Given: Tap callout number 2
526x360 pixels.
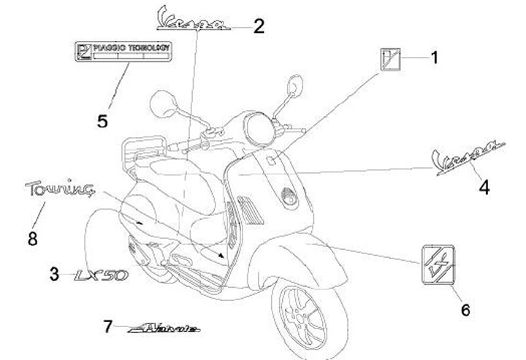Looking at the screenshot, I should [x=259, y=26].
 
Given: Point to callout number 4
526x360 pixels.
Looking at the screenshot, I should [x=484, y=188].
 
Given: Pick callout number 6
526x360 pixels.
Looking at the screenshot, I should [x=465, y=310].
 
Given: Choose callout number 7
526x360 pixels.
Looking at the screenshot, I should [x=107, y=326].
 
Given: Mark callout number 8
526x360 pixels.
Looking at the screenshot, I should [x=31, y=239].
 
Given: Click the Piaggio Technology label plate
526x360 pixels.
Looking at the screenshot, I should [x=123, y=51].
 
